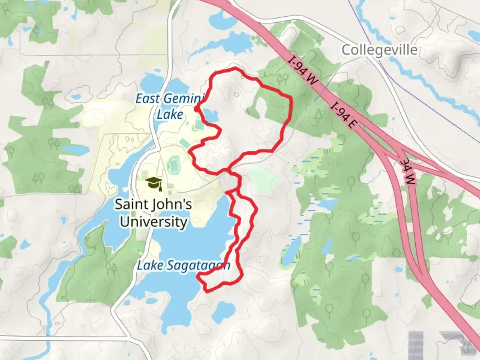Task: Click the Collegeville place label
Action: [379, 50]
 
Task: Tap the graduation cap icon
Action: [154, 183]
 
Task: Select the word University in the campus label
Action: [153, 222]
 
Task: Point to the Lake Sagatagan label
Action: [183, 266]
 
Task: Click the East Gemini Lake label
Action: [170, 106]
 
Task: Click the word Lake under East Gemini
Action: [170, 114]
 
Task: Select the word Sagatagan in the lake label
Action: [198, 266]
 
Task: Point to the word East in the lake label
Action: [148, 99]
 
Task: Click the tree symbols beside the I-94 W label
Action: [283, 79]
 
